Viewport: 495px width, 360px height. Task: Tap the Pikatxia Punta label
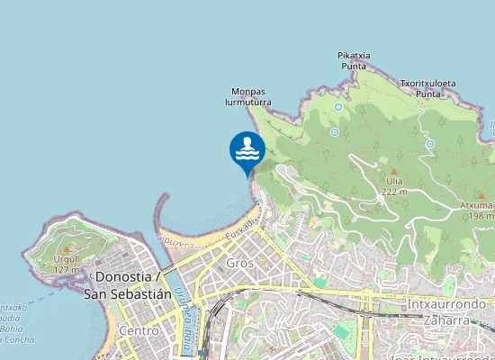pyautogui.click(x=354, y=60)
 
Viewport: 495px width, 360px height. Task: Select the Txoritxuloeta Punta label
pyautogui.click(x=427, y=88)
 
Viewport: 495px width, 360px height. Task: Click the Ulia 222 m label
pyautogui.click(x=394, y=186)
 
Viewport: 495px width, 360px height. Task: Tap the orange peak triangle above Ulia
pyautogui.click(x=394, y=171)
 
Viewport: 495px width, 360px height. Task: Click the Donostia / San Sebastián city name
pyautogui.click(x=127, y=285)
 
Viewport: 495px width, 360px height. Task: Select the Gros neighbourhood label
pyautogui.click(x=239, y=263)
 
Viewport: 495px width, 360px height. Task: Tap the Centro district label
pyautogui.click(x=139, y=331)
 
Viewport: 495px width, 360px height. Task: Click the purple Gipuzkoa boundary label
pyautogui.click(x=175, y=241)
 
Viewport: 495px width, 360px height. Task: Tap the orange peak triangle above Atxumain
pyautogui.click(x=481, y=195)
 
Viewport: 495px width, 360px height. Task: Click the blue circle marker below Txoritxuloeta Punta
pyautogui.click(x=430, y=144)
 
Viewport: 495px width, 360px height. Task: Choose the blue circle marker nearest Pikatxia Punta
pyautogui.click(x=337, y=107)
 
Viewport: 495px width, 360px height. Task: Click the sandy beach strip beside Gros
pyautogui.click(x=221, y=229)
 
